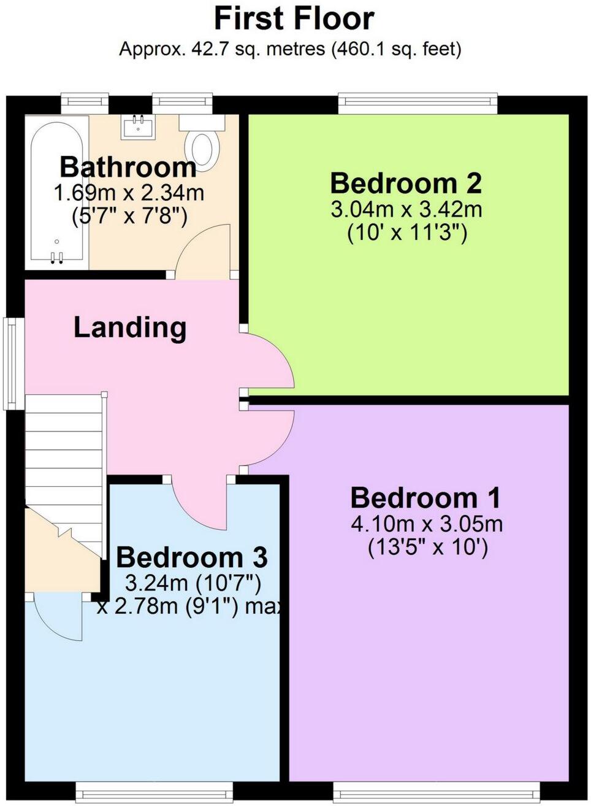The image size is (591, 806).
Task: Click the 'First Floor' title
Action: pyautogui.click(x=294, y=18)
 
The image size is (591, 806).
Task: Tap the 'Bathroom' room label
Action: pyautogui.click(x=128, y=167)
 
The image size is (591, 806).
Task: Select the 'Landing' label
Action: pyautogui.click(x=130, y=327)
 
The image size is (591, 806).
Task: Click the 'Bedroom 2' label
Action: pyautogui.click(x=406, y=183)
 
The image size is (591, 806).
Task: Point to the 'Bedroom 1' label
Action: pyautogui.click(x=425, y=498)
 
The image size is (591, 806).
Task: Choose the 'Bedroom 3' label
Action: pyautogui.click(x=191, y=557)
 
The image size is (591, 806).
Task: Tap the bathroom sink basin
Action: pyautogui.click(x=138, y=127)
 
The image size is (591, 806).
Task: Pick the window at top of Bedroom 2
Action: pyautogui.click(x=418, y=103)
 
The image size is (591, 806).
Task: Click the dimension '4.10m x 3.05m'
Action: pyautogui.click(x=427, y=525)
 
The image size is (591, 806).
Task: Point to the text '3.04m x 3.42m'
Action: pyautogui.click(x=406, y=210)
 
